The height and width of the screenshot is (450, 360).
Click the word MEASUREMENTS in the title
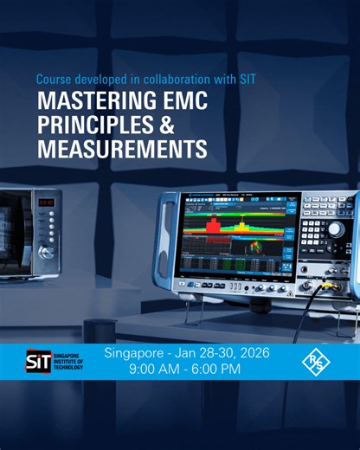(x=121, y=149)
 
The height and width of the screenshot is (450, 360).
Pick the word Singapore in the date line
(x=134, y=353)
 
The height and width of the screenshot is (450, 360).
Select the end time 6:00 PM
(x=225, y=369)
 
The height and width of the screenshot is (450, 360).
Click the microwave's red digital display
(x=47, y=203)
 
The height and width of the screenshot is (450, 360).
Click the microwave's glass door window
(x=13, y=229)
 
